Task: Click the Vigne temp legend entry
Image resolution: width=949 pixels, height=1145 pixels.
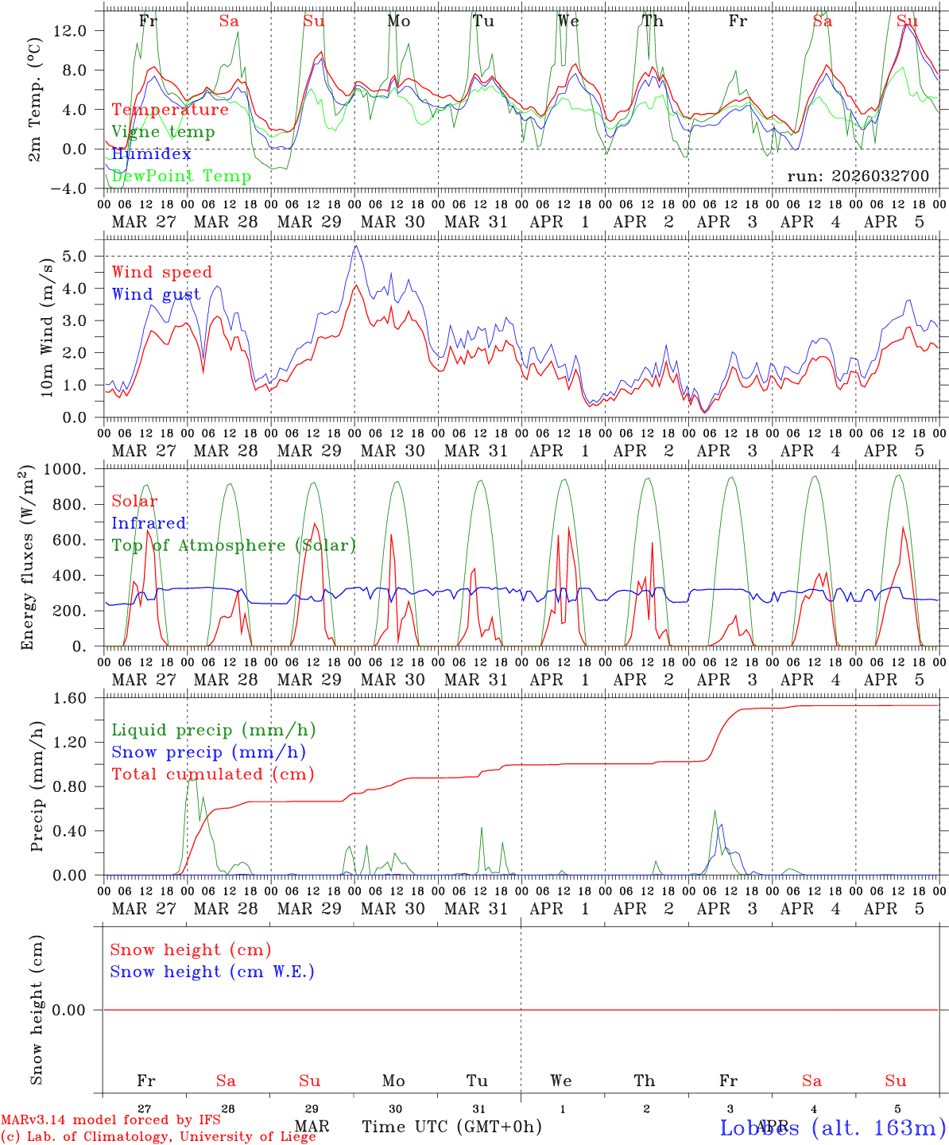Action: pyautogui.click(x=163, y=132)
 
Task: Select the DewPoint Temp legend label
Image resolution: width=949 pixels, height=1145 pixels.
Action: pyautogui.click(x=181, y=177)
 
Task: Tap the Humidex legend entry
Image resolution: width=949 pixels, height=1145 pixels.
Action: pyautogui.click(x=151, y=154)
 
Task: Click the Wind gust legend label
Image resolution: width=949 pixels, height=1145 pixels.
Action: pyautogui.click(x=156, y=294)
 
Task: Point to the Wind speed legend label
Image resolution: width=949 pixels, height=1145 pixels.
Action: pyautogui.click(x=162, y=272)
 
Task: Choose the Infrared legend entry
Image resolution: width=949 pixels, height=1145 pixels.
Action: pyautogui.click(x=149, y=523)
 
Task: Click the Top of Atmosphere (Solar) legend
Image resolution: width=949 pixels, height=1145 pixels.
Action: pyautogui.click(x=234, y=545)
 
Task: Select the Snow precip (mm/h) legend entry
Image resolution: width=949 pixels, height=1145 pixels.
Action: pyautogui.click(x=208, y=752)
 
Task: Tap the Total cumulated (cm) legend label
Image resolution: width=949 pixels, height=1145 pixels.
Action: pyautogui.click(x=212, y=774)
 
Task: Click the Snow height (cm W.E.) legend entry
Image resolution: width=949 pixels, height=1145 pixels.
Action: pyautogui.click(x=212, y=972)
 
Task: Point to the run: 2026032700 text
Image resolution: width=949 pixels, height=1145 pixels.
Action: pyautogui.click(x=858, y=177)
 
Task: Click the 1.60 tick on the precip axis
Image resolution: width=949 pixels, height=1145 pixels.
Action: pyautogui.click(x=72, y=698)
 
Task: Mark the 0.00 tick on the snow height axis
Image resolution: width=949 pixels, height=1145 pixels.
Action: pyautogui.click(x=72, y=1010)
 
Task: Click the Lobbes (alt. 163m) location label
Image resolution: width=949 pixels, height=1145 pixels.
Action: pyautogui.click(x=832, y=1127)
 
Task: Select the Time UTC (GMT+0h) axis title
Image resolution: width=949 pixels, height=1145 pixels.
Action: pyautogui.click(x=451, y=1127)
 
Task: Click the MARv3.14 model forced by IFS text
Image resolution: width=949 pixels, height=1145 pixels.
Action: pyautogui.click(x=110, y=1120)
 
